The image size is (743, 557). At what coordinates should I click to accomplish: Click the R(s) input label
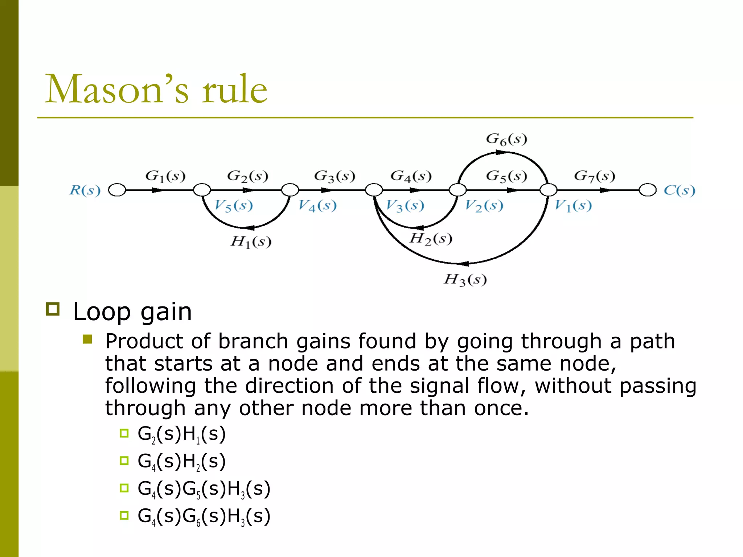(85, 190)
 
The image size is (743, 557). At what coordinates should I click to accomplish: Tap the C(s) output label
(679, 190)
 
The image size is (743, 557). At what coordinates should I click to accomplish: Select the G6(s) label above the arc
(506, 139)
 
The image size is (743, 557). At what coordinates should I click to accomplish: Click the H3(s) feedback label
(465, 280)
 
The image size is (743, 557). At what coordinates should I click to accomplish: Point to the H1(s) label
(251, 242)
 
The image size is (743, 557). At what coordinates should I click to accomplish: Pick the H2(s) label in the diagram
(431, 239)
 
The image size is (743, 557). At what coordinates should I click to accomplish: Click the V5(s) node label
(233, 206)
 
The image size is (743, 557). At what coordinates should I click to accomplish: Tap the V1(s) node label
(573, 206)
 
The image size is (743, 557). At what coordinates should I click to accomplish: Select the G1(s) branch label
(165, 176)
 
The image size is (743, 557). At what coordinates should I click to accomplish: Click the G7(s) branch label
(594, 176)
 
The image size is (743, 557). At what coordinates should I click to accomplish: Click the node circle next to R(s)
(117, 190)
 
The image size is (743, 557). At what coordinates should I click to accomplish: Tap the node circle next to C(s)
(648, 190)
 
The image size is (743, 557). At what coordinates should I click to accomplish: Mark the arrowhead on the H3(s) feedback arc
(463, 264)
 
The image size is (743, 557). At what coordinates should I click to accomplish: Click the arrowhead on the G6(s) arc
(501, 153)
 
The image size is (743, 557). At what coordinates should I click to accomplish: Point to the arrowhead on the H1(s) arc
(250, 228)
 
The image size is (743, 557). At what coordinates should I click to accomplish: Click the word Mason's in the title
(117, 89)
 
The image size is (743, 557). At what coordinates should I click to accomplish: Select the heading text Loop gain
(132, 312)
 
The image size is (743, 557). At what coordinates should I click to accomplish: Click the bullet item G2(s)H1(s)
(181, 434)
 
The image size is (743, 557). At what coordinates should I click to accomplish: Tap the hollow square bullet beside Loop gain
(53, 309)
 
